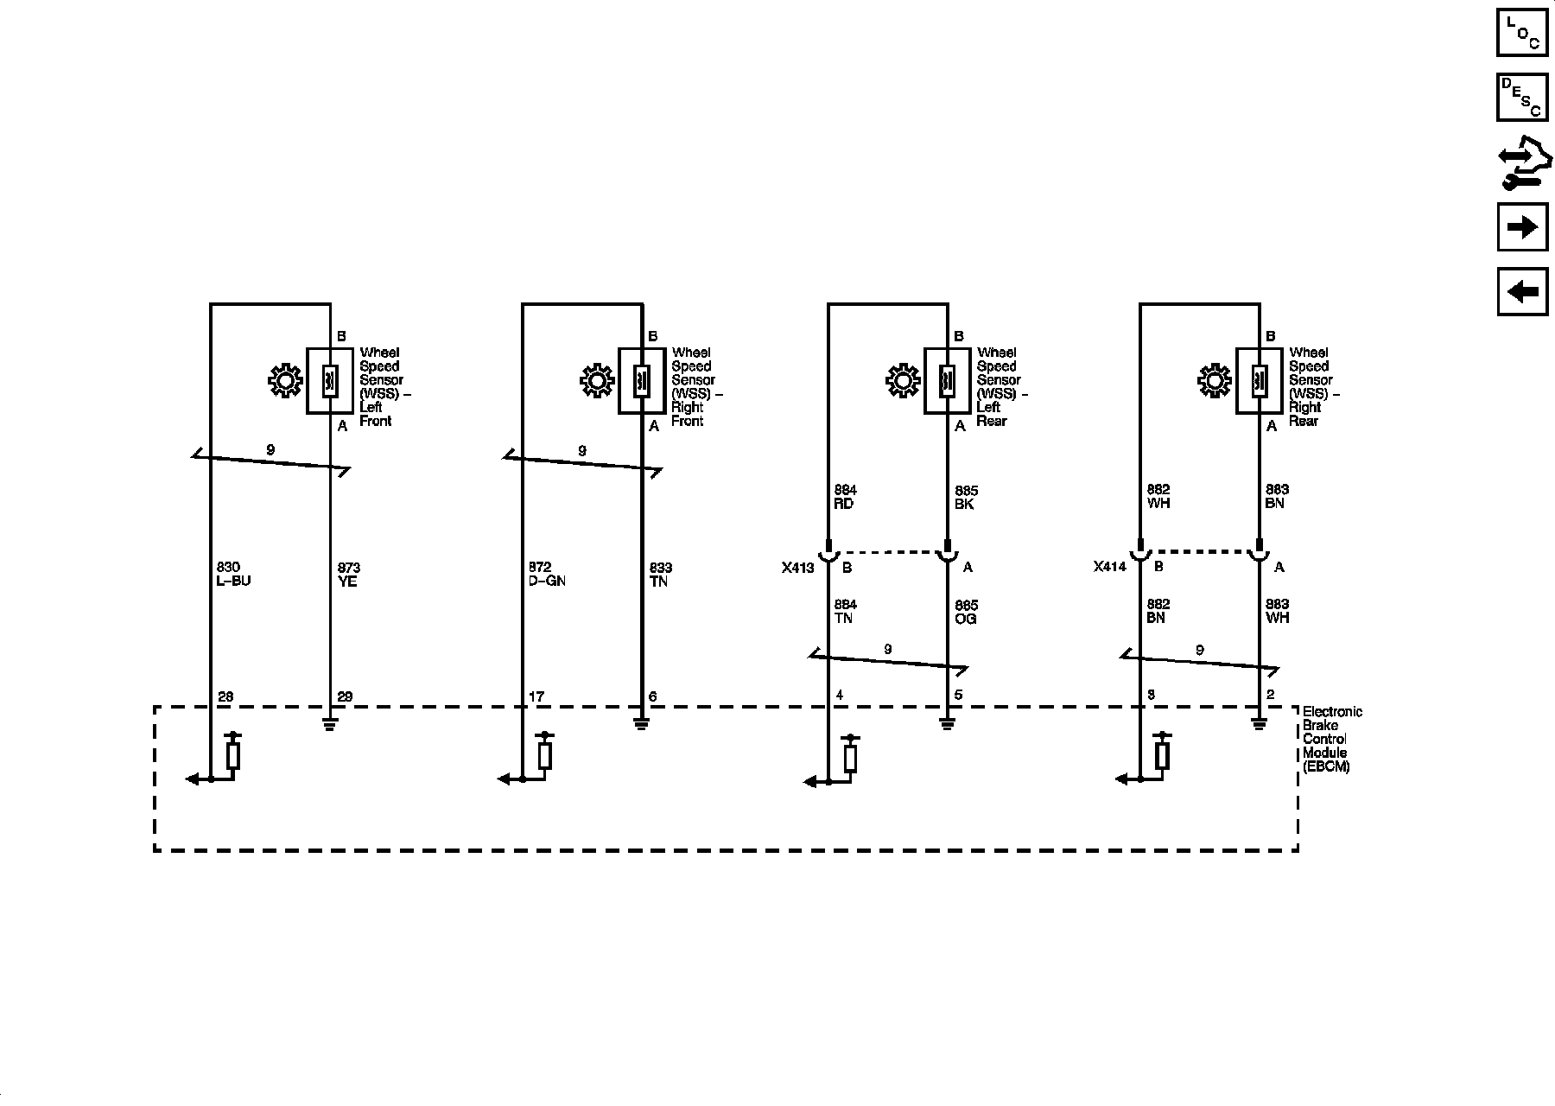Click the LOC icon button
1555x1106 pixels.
click(x=1522, y=32)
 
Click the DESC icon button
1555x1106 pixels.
click(x=1522, y=97)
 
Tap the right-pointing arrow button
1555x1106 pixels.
click(x=1522, y=227)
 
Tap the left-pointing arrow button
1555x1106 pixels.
click(x=1522, y=291)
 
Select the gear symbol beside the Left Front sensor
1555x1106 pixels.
click(x=285, y=381)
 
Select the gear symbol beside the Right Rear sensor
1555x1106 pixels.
click(x=1215, y=381)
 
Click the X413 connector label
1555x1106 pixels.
click(x=797, y=568)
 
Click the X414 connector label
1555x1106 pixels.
click(x=1109, y=568)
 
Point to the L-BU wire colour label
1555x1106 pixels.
click(x=233, y=582)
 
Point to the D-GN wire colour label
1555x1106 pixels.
click(x=546, y=582)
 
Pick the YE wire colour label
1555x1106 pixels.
click(x=347, y=582)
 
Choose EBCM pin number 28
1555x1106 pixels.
click(x=225, y=696)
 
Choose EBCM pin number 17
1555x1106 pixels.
click(x=536, y=696)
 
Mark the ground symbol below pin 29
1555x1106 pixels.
click(x=330, y=723)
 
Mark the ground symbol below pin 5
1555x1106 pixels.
click(x=948, y=723)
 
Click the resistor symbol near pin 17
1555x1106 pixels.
click(x=544, y=753)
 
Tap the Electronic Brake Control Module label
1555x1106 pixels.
click(x=1331, y=739)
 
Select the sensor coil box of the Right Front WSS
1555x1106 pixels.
click(x=642, y=381)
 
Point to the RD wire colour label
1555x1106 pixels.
click(x=844, y=504)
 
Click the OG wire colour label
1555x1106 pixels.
click(x=966, y=619)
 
